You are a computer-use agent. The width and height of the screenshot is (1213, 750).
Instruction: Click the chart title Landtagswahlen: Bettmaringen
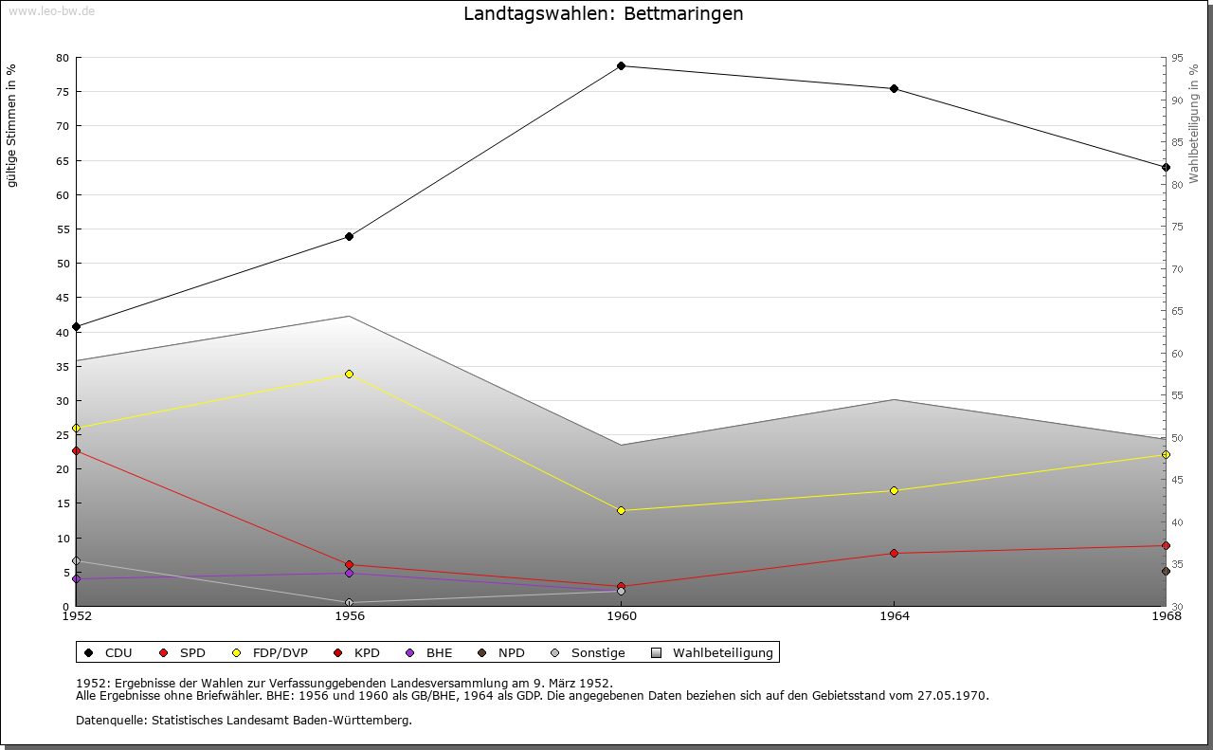click(x=603, y=14)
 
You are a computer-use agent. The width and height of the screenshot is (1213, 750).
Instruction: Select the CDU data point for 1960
click(x=621, y=65)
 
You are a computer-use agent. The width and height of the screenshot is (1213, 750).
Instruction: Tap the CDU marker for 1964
click(x=894, y=89)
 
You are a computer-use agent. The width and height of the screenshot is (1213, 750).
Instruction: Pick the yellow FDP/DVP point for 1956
click(x=349, y=374)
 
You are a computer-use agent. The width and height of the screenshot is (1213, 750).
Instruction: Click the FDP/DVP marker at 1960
click(x=621, y=510)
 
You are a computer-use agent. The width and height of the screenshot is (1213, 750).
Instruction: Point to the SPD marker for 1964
click(x=894, y=553)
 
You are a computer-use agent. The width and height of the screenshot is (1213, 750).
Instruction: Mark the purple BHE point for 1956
click(x=349, y=573)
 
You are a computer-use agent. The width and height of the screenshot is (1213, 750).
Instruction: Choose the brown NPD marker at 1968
click(x=1166, y=571)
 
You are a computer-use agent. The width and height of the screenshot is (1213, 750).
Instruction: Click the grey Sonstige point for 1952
click(x=76, y=561)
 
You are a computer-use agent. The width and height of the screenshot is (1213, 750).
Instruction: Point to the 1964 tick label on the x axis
click(x=894, y=616)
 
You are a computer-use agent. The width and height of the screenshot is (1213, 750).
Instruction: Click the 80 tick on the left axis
click(x=63, y=58)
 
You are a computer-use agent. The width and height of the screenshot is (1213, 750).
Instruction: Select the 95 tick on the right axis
click(x=1176, y=58)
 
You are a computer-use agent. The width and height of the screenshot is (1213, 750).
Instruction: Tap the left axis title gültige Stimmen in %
click(x=12, y=125)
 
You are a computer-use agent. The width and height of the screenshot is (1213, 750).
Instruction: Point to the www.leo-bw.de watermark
click(x=50, y=10)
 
